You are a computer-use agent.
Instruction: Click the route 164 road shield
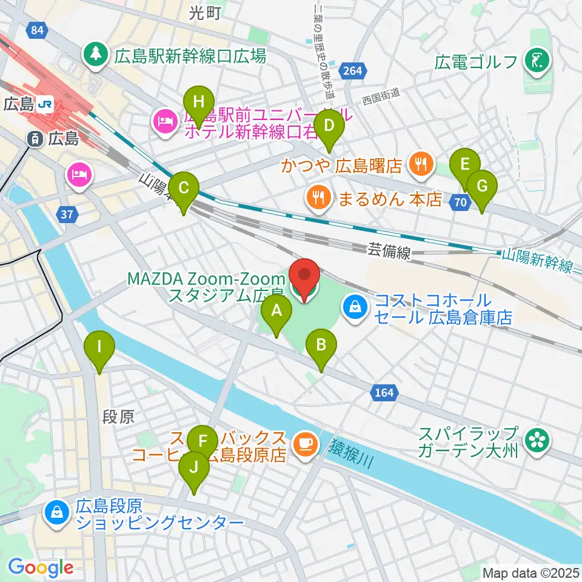(383, 393)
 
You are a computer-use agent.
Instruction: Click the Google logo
(41, 567)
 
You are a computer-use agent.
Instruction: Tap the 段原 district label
(116, 417)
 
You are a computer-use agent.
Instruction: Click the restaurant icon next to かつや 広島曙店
(420, 163)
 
